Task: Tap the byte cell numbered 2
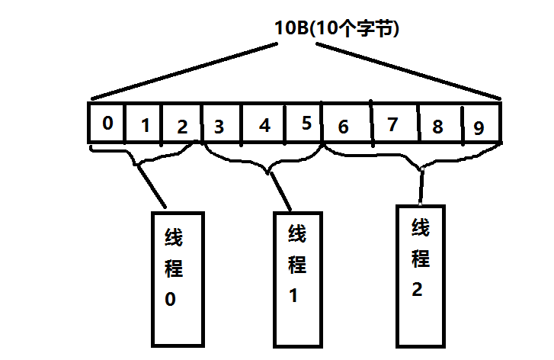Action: [x=181, y=124]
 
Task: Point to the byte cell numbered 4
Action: [x=264, y=124]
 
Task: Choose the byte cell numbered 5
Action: [x=305, y=124]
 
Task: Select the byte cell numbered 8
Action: [x=440, y=126]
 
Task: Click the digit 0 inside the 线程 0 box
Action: [x=170, y=299]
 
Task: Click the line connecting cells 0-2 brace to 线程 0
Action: [x=152, y=186]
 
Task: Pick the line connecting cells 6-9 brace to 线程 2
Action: [x=421, y=187]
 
